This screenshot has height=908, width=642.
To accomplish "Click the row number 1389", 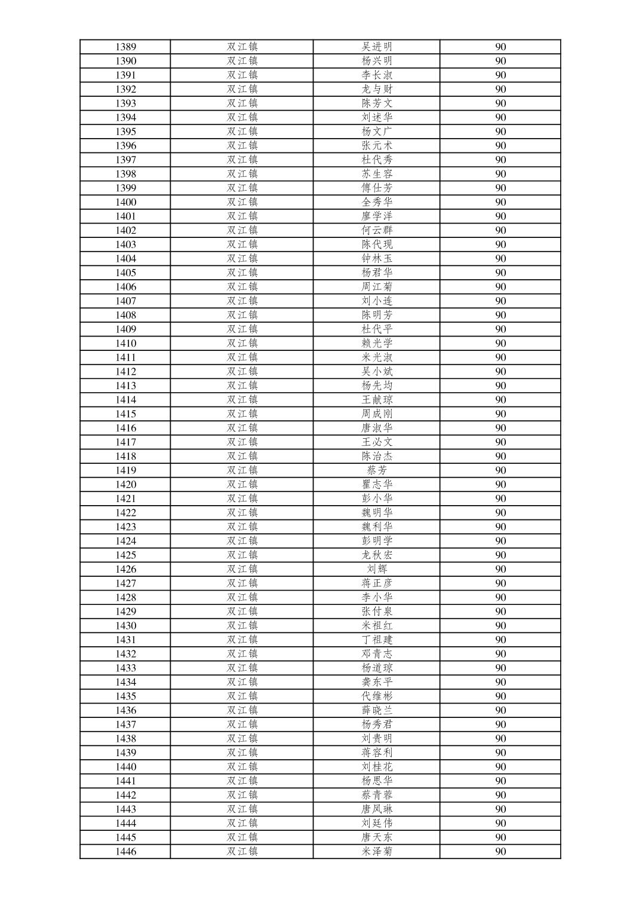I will point(125,47).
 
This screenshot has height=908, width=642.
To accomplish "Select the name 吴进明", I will point(377,47).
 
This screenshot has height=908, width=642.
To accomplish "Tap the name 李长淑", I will point(377,75).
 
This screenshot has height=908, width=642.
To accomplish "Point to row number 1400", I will point(125,202).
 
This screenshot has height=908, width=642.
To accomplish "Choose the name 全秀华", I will point(377,202).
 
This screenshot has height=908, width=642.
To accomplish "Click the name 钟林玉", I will point(377,258).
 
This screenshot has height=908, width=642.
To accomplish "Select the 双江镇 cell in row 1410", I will point(242,343).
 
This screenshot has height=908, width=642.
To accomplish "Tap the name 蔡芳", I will point(377,470).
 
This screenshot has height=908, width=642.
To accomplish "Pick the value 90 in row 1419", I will point(500,470).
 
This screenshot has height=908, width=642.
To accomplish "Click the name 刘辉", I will point(377,569).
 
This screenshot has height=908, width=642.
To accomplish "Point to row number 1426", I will point(125,569).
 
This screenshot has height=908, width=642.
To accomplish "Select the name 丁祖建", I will point(377,640).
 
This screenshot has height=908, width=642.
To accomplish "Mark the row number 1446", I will point(125,852).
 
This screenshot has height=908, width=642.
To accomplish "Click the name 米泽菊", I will point(377,852).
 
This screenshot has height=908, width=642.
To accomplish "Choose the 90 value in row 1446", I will point(500,852).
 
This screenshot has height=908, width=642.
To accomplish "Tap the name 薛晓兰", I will point(377,710).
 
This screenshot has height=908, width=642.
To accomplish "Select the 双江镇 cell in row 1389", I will point(242,47).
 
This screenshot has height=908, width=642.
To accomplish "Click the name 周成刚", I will point(377,414).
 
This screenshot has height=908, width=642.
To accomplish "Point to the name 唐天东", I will point(377,837).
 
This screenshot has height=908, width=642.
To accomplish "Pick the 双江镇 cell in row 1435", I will point(242,696).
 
